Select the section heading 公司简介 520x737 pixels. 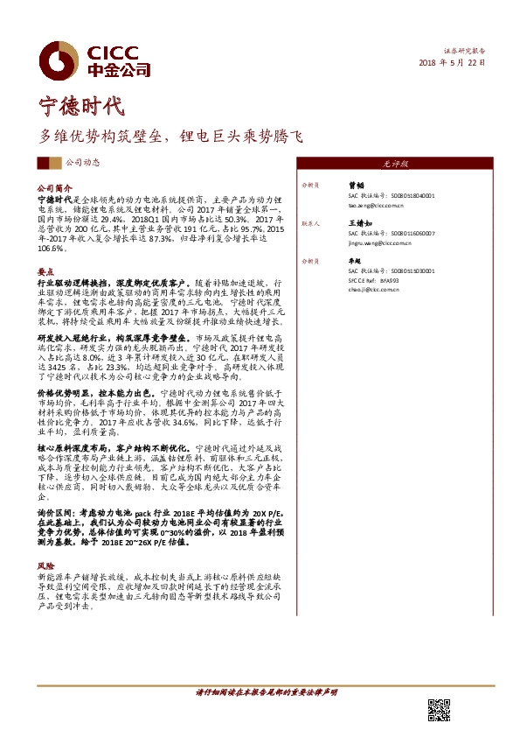(x=52, y=187)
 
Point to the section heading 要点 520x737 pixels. (x=45, y=272)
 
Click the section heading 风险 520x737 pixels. (x=45, y=566)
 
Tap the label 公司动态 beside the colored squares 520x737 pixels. (x=83, y=162)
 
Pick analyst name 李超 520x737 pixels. (x=355, y=261)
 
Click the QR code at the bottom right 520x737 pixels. (x=438, y=711)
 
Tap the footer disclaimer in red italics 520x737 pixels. (x=266, y=692)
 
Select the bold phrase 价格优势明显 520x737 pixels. (x=61, y=391)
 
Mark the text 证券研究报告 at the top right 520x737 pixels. (x=465, y=52)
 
